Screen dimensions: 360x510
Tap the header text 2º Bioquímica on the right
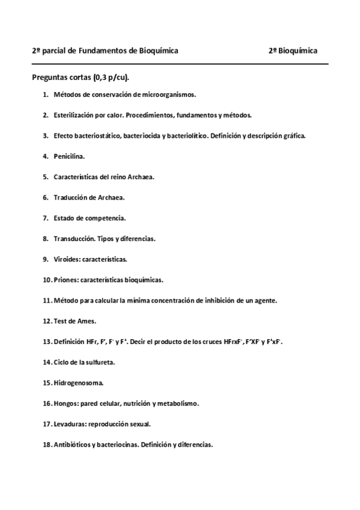[x=293, y=51]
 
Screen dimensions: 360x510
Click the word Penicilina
[x=69, y=156]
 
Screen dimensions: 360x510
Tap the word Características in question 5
[x=76, y=177]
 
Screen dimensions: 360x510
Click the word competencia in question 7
[x=104, y=218]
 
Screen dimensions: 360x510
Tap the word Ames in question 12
[x=88, y=321]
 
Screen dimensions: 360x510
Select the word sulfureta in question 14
[x=101, y=363]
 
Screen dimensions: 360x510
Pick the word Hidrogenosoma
[x=78, y=383]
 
